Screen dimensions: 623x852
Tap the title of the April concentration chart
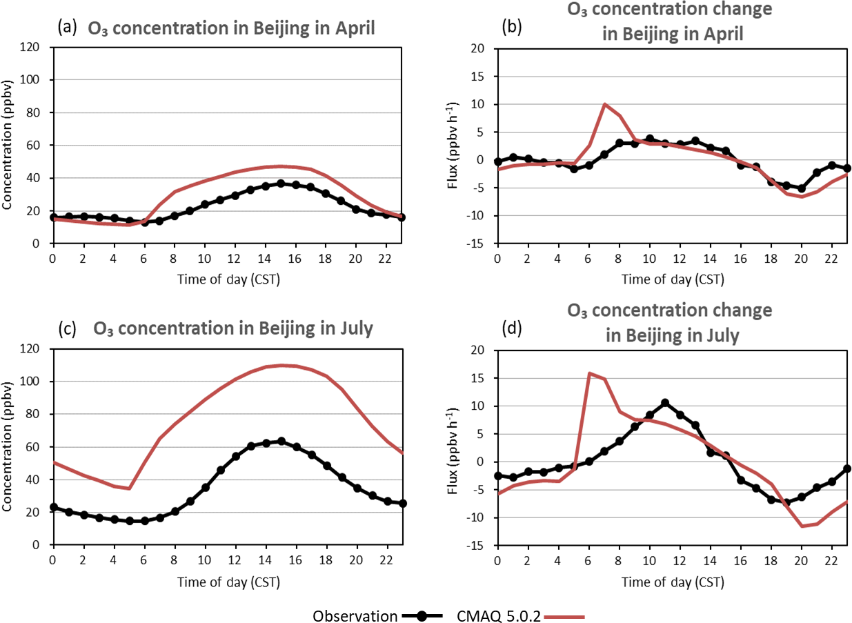pyautogui.click(x=230, y=29)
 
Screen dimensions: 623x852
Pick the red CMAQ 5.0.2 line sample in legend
pyautogui.click(x=565, y=615)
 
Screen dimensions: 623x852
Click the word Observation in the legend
pyautogui.click(x=355, y=615)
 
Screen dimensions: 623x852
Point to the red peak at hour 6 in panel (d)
pyautogui.click(x=589, y=373)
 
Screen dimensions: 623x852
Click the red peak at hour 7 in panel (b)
pyautogui.click(x=604, y=104)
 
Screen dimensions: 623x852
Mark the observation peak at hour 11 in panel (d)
pyautogui.click(x=665, y=402)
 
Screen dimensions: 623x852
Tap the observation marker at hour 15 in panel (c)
pyautogui.click(x=281, y=441)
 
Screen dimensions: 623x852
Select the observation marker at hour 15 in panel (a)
pyautogui.click(x=281, y=184)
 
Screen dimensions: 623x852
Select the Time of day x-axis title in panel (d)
pyautogui.click(x=673, y=582)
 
